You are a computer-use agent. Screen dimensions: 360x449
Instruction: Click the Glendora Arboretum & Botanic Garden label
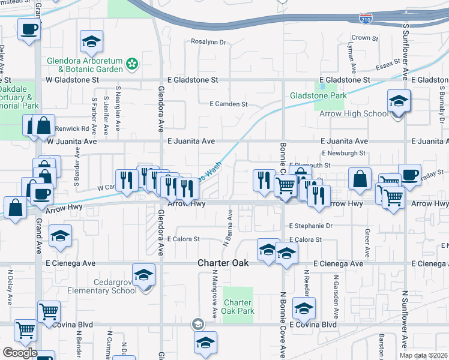pos(86,65)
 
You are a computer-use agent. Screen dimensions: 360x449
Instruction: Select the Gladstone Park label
pos(318,95)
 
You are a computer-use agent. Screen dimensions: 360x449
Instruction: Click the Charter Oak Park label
pos(238,307)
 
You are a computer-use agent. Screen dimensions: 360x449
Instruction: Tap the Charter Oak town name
pos(223,263)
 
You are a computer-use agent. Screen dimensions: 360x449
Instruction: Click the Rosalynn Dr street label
pos(208,43)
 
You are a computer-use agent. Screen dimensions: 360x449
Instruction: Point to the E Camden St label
pos(228,104)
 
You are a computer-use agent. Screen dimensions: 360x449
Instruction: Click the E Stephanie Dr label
pos(310,226)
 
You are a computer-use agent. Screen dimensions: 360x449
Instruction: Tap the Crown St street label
pos(365,38)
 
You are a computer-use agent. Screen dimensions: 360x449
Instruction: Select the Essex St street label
pos(388,63)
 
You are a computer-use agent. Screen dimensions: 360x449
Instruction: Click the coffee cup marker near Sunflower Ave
pos(409,175)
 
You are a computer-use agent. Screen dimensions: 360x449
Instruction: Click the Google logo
pos(20,353)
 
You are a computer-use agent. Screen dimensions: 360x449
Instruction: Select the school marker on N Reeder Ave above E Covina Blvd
pos(304,308)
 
